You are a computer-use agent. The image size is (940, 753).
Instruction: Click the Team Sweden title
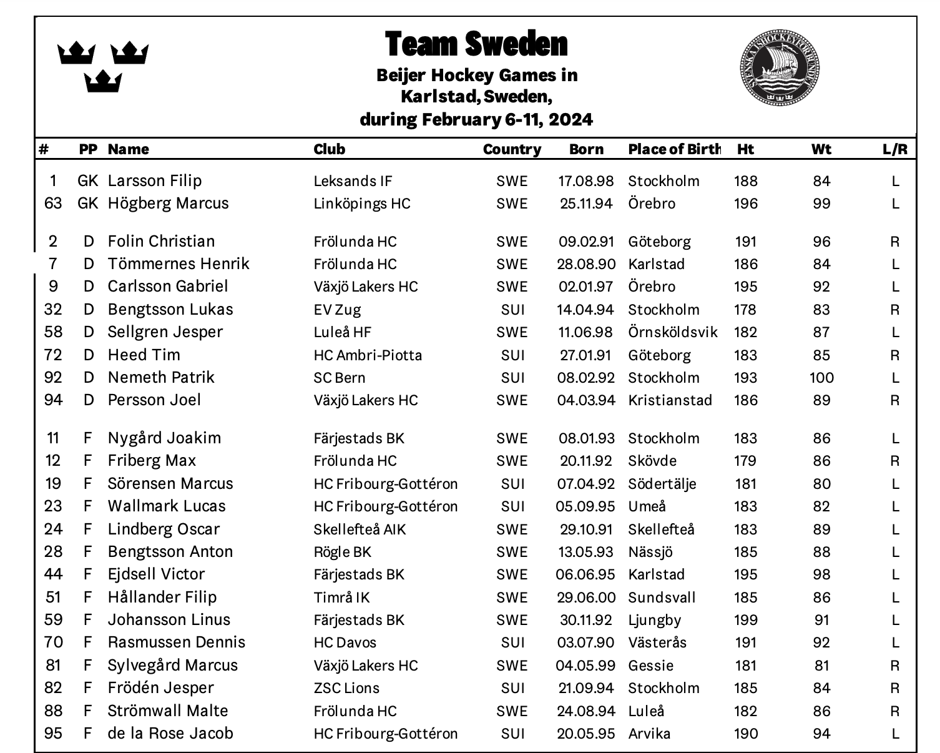476,44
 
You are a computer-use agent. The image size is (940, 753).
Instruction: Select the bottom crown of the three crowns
103,81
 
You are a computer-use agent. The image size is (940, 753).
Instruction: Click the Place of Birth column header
674,149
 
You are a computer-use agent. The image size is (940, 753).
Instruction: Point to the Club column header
329,149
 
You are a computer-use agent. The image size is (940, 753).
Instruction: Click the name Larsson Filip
155,181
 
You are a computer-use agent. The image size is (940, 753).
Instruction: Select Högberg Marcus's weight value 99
821,204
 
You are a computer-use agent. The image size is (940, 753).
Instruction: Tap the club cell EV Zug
337,310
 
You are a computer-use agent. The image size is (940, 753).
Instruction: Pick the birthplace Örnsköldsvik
673,332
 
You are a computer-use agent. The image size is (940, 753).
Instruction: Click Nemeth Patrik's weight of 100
821,378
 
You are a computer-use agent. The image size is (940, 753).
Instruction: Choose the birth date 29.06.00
585,598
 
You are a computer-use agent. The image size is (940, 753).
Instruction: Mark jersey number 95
54,734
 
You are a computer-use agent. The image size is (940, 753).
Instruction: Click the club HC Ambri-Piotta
368,355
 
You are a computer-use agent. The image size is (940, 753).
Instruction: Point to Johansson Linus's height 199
746,620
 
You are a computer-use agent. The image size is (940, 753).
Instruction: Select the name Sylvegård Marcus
173,666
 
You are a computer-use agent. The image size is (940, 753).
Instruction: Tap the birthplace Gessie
650,666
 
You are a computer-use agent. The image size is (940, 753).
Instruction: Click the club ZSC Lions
346,688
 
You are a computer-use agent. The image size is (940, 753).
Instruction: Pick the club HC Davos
345,642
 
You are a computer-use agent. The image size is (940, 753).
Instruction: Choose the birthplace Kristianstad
670,400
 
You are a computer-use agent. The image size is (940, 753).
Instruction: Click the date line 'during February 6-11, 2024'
476,119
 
